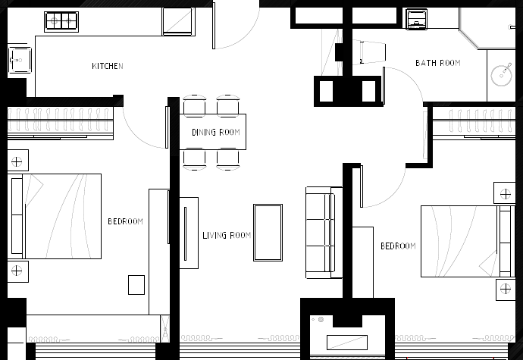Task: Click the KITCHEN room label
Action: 108,67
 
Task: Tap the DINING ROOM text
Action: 215,133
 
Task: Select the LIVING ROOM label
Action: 227,236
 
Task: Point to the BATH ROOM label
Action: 437,63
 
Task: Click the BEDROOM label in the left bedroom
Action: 125,222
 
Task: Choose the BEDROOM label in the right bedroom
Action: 398,246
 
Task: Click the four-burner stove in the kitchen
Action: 61,21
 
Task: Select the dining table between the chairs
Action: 213,132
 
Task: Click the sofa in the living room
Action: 319,231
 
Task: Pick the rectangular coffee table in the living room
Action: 268,233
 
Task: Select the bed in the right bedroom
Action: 459,240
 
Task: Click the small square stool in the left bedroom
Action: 136,284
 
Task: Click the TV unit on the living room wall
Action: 189,233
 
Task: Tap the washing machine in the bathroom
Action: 416,19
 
